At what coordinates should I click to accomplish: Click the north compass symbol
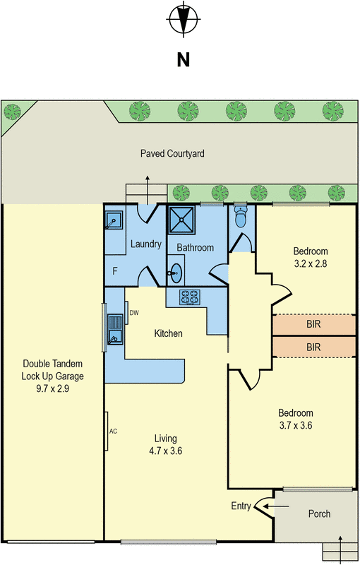pyautogui.click(x=184, y=19)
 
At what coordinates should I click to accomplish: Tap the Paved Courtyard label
pyautogui.click(x=172, y=153)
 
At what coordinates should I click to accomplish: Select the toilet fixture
pyautogui.click(x=239, y=215)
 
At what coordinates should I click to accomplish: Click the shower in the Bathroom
pyautogui.click(x=181, y=219)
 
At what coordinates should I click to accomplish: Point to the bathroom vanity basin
pyautogui.click(x=176, y=273)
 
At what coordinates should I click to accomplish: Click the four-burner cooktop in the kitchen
pyautogui.click(x=190, y=297)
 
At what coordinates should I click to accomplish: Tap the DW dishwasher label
pyautogui.click(x=134, y=313)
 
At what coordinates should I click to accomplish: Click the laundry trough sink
pyautogui.click(x=114, y=220)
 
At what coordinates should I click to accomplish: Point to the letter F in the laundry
pyautogui.click(x=115, y=271)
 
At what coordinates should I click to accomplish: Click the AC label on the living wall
pyautogui.click(x=113, y=432)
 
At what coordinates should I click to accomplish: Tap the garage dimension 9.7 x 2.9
pyautogui.click(x=52, y=389)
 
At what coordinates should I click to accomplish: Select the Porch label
pyautogui.click(x=319, y=513)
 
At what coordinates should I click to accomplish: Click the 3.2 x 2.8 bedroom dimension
pyautogui.click(x=311, y=263)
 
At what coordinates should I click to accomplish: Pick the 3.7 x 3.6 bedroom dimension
pyautogui.click(x=296, y=425)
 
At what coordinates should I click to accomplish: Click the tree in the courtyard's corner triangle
pyautogui.click(x=12, y=112)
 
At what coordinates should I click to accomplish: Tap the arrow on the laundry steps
pyautogui.click(x=148, y=190)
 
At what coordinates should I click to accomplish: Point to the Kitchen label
pyautogui.click(x=168, y=333)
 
